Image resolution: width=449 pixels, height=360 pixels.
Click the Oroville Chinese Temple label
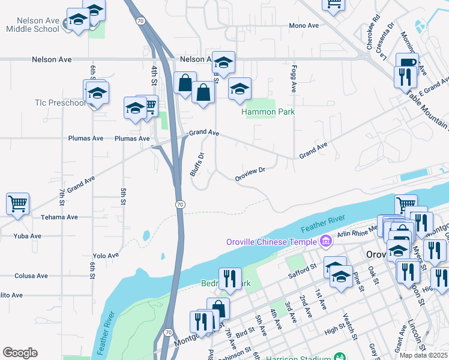pos(272,242)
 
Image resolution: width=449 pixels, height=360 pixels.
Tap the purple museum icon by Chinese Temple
pos(326,242)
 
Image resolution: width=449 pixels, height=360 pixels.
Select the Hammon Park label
pos(268,112)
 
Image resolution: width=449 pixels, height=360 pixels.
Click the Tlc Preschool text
pos(60,103)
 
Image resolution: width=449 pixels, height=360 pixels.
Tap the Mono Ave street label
pos(304,26)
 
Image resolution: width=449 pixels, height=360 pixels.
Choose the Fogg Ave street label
pos(294,79)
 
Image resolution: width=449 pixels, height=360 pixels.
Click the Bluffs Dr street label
pos(197,163)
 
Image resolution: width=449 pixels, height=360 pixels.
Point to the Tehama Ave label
pos(59,217)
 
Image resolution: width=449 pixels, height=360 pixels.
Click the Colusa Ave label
pos(31,276)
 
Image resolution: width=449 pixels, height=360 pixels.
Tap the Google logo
pos(20,353)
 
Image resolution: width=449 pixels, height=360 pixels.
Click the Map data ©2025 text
pos(423,355)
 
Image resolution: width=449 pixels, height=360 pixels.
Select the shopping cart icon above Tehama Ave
pos(17,203)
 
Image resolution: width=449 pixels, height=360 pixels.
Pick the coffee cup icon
pos(407,62)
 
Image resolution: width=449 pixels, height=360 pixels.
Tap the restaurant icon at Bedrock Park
pos(230,278)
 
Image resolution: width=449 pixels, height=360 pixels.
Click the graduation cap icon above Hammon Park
pos(240,89)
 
